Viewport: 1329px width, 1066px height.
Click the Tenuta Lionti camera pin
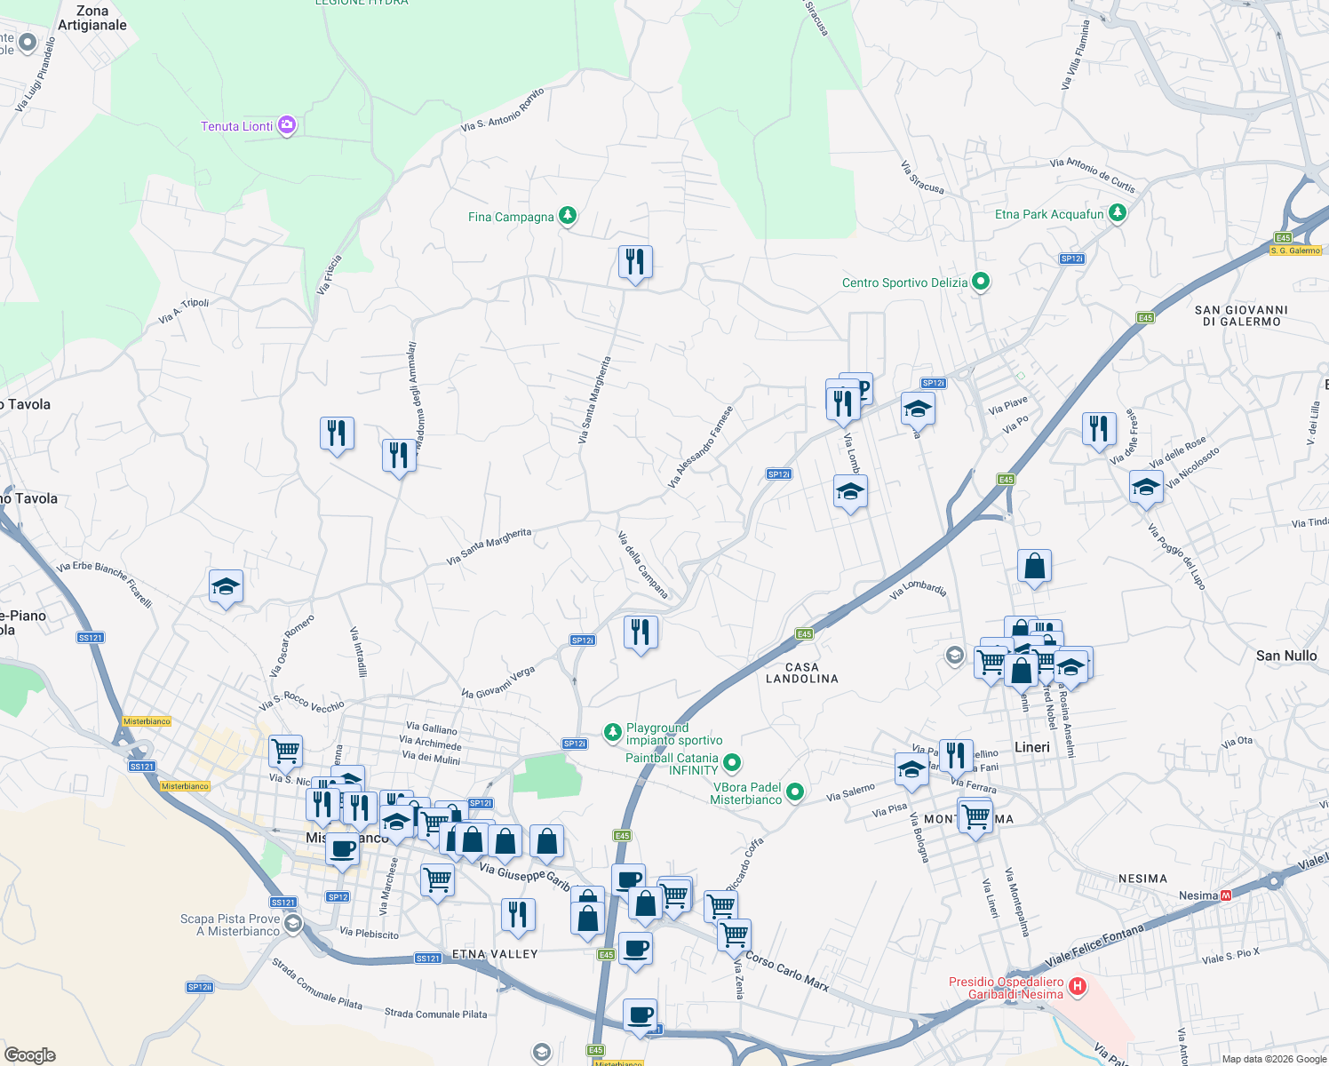286,125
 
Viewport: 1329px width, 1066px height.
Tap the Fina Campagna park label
511,217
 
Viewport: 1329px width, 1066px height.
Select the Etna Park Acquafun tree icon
1118,213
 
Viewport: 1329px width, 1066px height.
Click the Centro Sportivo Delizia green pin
981,282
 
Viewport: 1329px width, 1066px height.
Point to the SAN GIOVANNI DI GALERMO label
1241,315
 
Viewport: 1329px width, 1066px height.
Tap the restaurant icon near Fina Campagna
635,262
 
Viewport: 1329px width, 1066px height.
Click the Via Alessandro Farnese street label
701,447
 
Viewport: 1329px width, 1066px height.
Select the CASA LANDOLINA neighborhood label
802,672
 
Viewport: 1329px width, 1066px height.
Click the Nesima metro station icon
1226,895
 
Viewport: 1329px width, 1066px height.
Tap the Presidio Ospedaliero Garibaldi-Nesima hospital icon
1078,986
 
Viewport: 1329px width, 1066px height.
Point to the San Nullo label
1286,656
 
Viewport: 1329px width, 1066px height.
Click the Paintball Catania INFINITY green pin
731,762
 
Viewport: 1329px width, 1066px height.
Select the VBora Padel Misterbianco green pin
794,792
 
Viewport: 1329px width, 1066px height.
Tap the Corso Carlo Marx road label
786,971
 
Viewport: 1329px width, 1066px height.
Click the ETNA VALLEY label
495,954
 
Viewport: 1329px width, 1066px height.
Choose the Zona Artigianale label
92,18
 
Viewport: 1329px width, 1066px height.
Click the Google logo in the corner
29,1055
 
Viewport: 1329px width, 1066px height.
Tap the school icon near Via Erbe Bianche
226,586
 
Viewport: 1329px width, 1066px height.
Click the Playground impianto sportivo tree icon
612,732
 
